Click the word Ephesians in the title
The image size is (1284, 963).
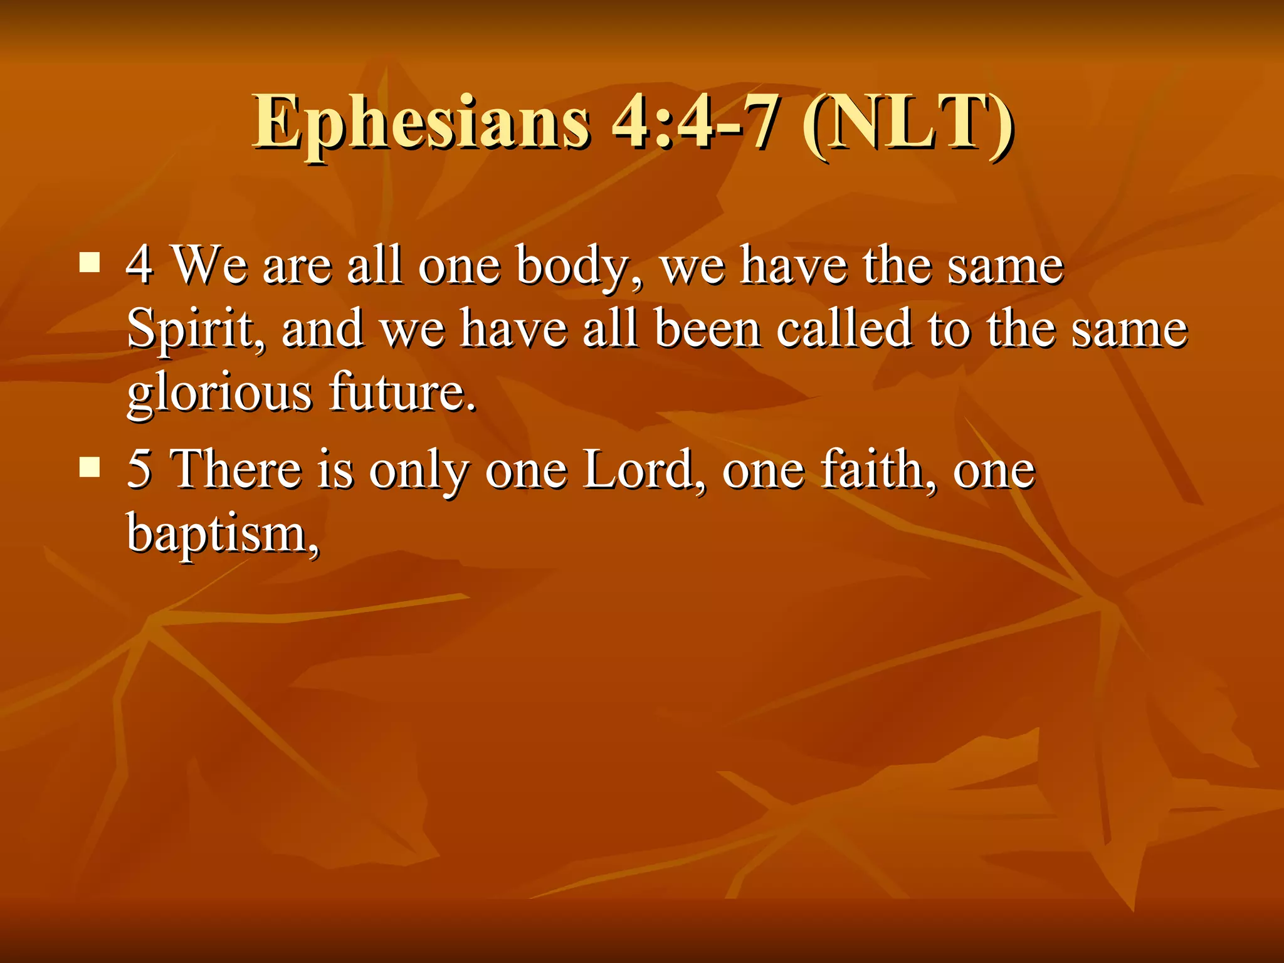421,123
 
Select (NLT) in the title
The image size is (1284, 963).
908,123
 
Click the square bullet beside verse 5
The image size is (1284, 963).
90,466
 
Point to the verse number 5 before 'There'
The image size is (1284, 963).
139,469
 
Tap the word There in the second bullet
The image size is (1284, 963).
236,469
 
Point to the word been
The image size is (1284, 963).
707,329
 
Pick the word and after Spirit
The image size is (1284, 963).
322,329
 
